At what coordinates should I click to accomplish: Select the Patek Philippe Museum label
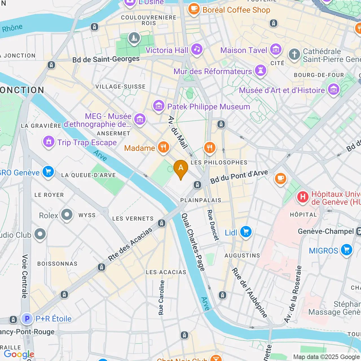point(208,107)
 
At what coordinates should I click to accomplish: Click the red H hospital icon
point(303,197)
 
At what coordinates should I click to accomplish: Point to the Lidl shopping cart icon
point(246,232)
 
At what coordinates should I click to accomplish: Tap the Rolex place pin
point(67,215)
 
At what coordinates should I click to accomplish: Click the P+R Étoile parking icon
point(27,319)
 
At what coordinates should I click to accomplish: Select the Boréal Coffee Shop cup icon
point(194,9)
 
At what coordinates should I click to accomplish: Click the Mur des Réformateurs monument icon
point(261,71)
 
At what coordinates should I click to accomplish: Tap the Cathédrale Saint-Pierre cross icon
point(294,54)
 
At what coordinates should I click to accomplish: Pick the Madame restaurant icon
point(163,147)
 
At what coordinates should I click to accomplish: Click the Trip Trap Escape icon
point(49,142)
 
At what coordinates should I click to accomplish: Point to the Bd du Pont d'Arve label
point(239,176)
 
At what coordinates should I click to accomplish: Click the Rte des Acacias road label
point(130,244)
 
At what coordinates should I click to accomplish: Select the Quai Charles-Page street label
point(193,242)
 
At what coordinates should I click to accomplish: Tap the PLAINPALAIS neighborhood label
point(201,200)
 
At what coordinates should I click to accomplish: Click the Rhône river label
point(12,28)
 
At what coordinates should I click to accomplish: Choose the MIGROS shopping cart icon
point(347,250)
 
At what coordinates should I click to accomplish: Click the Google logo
point(19,354)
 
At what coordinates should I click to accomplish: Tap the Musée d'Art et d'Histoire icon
point(334,90)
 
